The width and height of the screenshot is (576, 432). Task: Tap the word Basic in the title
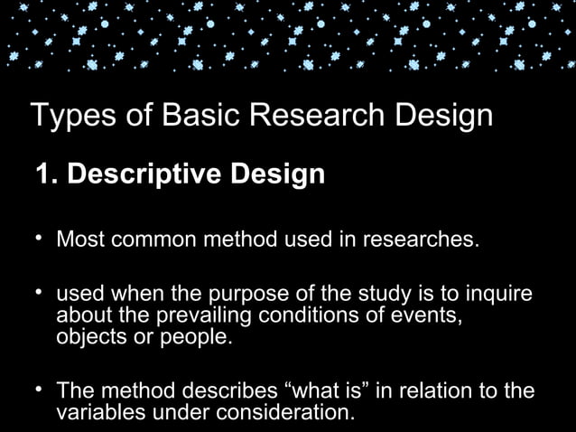click(189, 117)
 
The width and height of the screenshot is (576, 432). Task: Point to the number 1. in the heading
click(45, 173)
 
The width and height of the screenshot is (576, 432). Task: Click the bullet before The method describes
click(39, 390)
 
